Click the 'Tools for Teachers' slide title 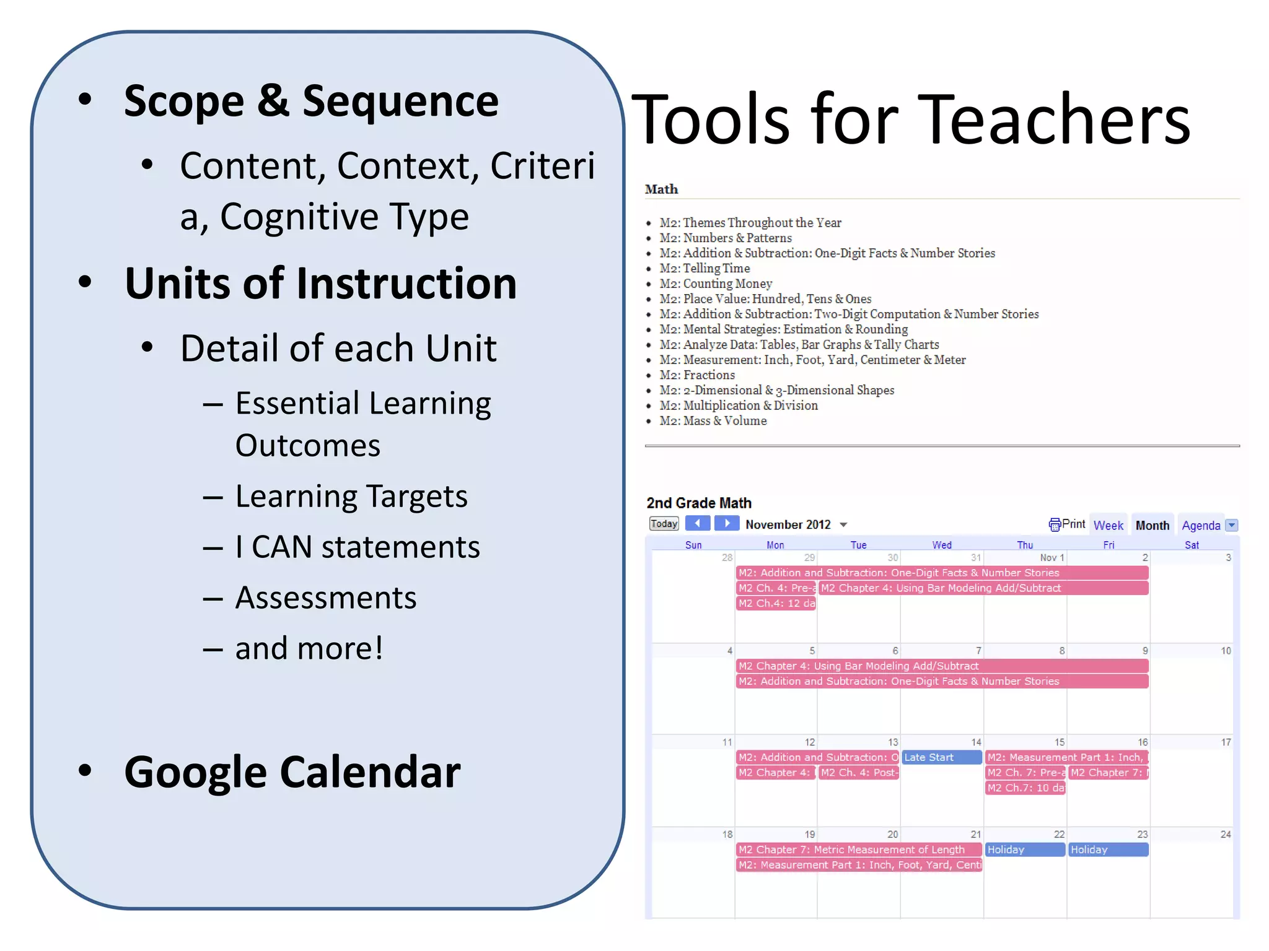coord(911,119)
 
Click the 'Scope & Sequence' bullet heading coord(311,101)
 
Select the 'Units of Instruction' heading coord(320,284)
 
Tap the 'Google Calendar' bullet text coord(292,772)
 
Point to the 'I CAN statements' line coord(357,547)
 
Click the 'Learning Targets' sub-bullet coord(351,497)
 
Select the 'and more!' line coord(309,649)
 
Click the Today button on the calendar coord(664,524)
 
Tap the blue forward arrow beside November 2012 coord(727,524)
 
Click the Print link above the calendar coord(1067,524)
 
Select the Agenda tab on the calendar coord(1200,526)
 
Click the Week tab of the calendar coord(1108,526)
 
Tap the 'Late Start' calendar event coord(941,757)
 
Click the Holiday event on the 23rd coord(1108,849)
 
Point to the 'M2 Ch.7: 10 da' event coord(1025,788)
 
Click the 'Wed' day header coord(941,545)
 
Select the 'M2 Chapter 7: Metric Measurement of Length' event coord(858,849)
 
